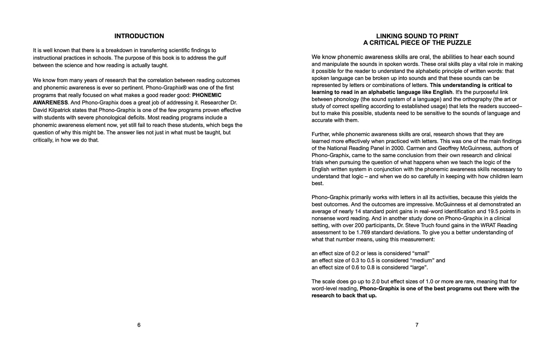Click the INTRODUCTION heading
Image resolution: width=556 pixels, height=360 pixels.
(139, 36)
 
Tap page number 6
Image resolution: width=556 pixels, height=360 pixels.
(139, 325)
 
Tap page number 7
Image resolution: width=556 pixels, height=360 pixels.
(417, 325)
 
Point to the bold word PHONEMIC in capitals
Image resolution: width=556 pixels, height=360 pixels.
(207, 95)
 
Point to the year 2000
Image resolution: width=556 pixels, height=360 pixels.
(398, 148)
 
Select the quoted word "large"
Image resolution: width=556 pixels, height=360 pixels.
(419, 268)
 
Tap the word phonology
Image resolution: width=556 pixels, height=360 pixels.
(342, 99)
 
